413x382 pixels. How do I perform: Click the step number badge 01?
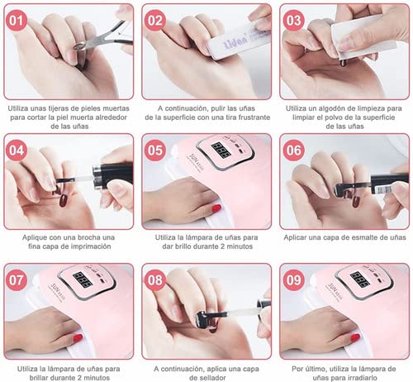coord(16,21)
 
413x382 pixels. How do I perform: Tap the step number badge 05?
coord(154,150)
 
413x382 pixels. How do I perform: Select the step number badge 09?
coord(292,280)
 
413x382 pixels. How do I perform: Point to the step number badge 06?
coord(292,150)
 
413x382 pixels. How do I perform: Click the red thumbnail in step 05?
coord(216,208)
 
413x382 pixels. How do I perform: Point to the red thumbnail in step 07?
coord(78,337)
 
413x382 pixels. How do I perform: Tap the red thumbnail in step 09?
coord(354,337)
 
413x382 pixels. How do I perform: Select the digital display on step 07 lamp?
coord(83,279)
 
